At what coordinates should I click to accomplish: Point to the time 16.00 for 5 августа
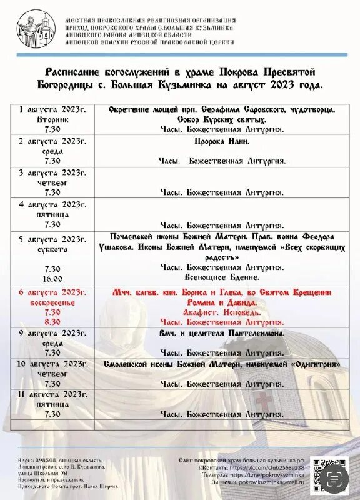pos(52,279)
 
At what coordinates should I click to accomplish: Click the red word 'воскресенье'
pos(52,302)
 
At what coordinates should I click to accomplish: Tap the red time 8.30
pos(52,322)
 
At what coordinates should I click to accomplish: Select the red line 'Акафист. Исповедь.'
pos(222,311)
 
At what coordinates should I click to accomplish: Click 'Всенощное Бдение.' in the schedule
pos(222,276)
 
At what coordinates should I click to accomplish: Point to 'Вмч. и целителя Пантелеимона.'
pos(222,333)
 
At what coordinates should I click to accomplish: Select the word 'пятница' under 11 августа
pos(52,404)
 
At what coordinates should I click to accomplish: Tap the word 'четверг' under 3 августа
pos(52,182)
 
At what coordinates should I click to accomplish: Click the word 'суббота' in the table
pos(52,249)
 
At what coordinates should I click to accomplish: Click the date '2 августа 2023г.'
pos(52,141)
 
